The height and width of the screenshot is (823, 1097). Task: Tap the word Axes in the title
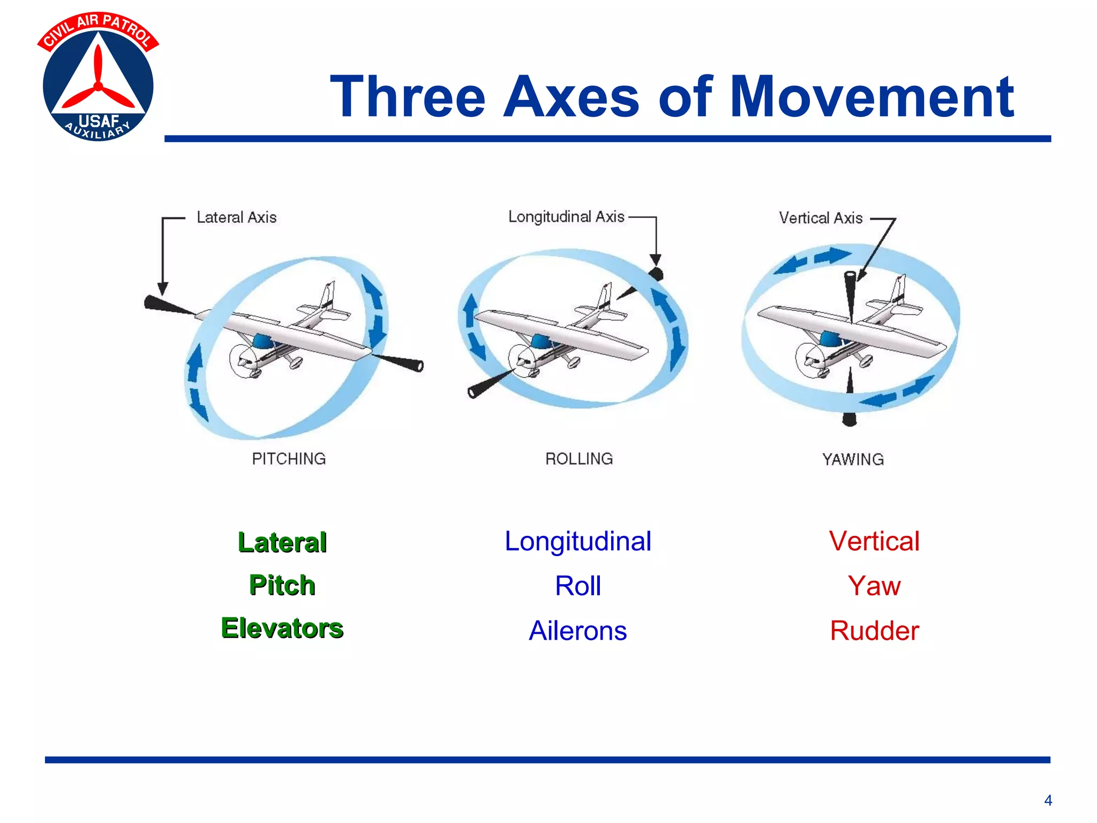(x=571, y=97)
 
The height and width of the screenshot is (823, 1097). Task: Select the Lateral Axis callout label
(x=236, y=218)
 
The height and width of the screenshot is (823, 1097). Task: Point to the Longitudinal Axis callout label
(x=566, y=217)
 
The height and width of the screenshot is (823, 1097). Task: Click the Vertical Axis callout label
(x=820, y=218)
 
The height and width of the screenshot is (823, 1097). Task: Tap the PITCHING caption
(x=289, y=459)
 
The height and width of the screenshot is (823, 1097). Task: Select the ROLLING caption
(x=579, y=459)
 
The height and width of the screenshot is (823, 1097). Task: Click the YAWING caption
(x=853, y=459)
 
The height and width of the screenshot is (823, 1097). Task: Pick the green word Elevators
(x=282, y=628)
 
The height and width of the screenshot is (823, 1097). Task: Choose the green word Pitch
(x=282, y=585)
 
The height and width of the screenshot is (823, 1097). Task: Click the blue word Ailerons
(x=577, y=631)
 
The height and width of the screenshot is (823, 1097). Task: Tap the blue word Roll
(x=577, y=586)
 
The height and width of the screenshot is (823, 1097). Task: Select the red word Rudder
(x=874, y=631)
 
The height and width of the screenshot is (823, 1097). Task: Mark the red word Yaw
(x=874, y=586)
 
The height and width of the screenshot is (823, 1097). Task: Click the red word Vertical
(x=874, y=541)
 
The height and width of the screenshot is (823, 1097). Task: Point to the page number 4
(x=1048, y=800)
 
